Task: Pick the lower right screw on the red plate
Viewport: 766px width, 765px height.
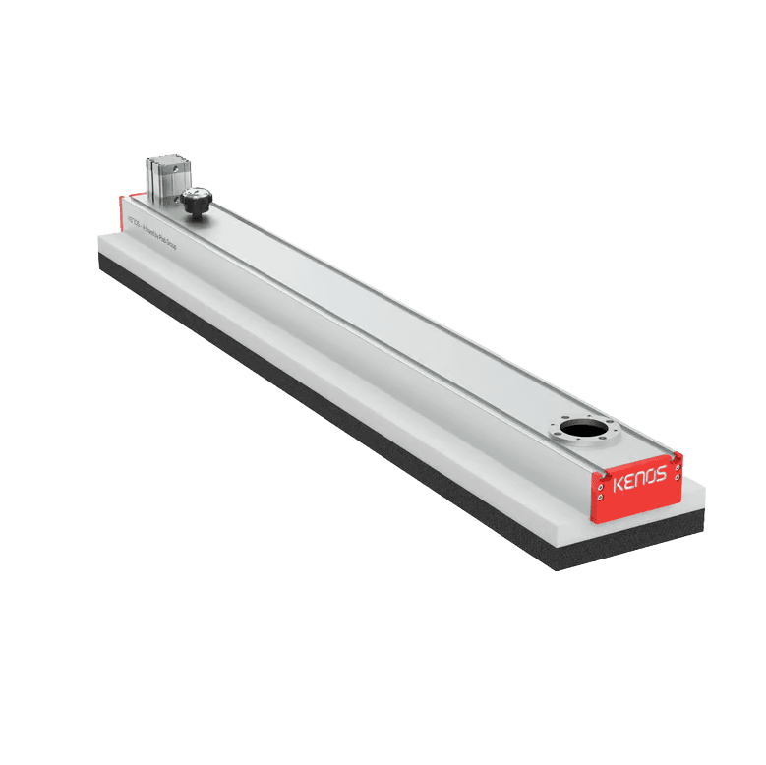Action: (x=678, y=478)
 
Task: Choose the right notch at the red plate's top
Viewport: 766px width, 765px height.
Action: (x=677, y=455)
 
